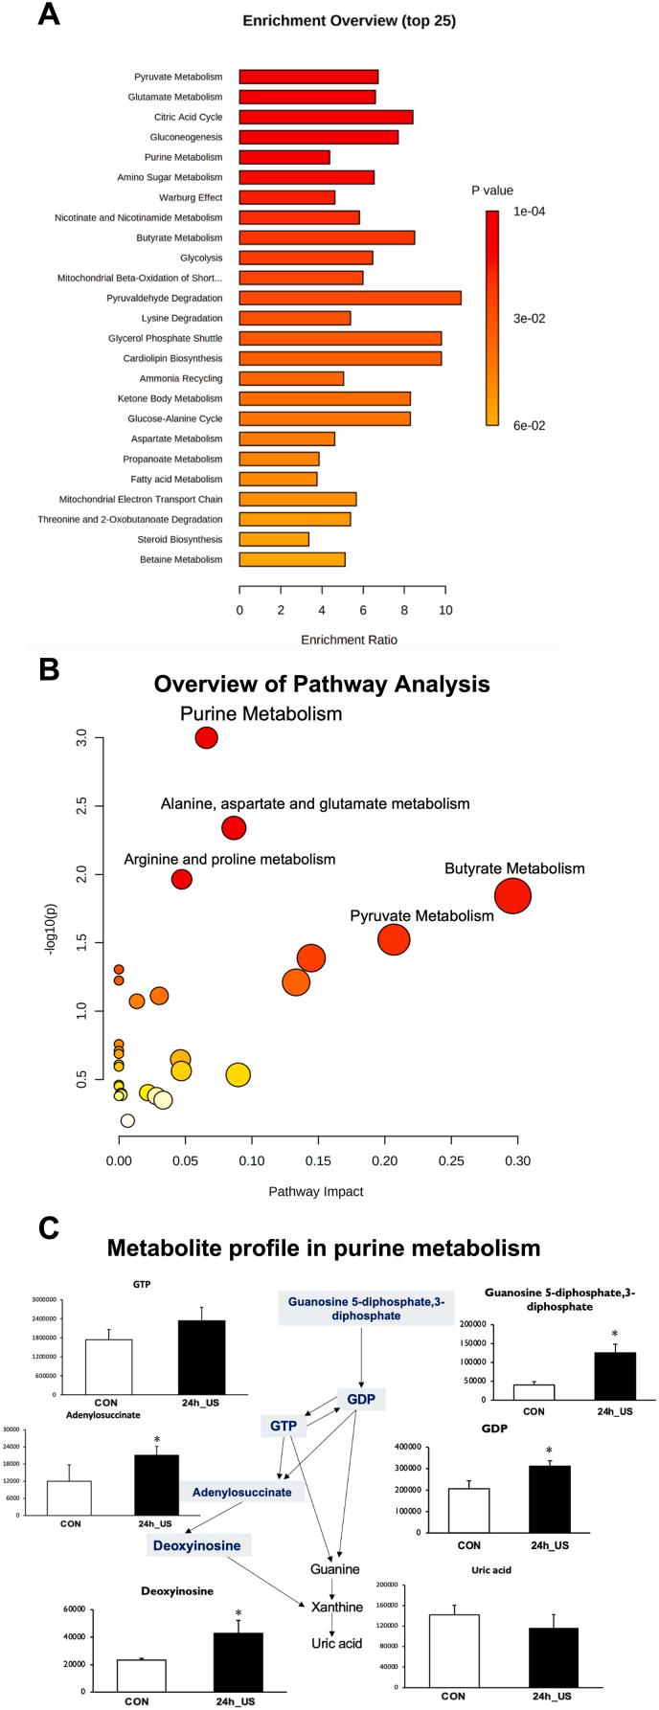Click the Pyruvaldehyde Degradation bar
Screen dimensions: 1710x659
pyautogui.click(x=350, y=298)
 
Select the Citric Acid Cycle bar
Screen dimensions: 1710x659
pyautogui.click(x=326, y=117)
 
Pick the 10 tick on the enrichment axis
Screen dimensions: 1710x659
pyautogui.click(x=444, y=610)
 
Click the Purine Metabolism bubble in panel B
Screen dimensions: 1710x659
pyautogui.click(x=206, y=737)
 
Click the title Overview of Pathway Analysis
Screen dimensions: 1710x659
pyautogui.click(x=322, y=684)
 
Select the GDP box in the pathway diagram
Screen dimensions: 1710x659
pyautogui.click(x=361, y=1400)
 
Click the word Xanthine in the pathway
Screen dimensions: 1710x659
pyautogui.click(x=336, y=1607)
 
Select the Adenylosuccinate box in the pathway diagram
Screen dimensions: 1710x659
pyautogui.click(x=241, y=1492)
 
